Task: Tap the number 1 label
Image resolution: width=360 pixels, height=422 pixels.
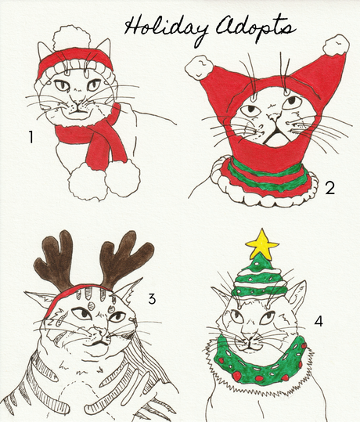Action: tap(31, 137)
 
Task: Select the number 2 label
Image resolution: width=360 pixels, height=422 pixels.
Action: tap(329, 188)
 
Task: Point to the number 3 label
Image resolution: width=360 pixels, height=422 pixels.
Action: tap(152, 299)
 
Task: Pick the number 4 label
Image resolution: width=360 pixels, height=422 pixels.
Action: tap(319, 321)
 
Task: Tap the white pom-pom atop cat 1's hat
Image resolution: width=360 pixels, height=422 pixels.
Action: tap(71, 38)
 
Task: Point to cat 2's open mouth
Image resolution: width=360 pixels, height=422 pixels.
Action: tap(275, 138)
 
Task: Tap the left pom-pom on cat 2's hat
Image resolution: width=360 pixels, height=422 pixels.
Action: tap(199, 67)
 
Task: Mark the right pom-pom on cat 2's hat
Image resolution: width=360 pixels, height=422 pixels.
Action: tap(336, 45)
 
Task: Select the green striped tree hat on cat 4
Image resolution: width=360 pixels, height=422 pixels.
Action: tap(260, 279)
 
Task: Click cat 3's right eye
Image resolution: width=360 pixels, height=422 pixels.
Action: tap(117, 317)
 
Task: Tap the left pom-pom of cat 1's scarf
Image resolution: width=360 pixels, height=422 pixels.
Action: tap(87, 182)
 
